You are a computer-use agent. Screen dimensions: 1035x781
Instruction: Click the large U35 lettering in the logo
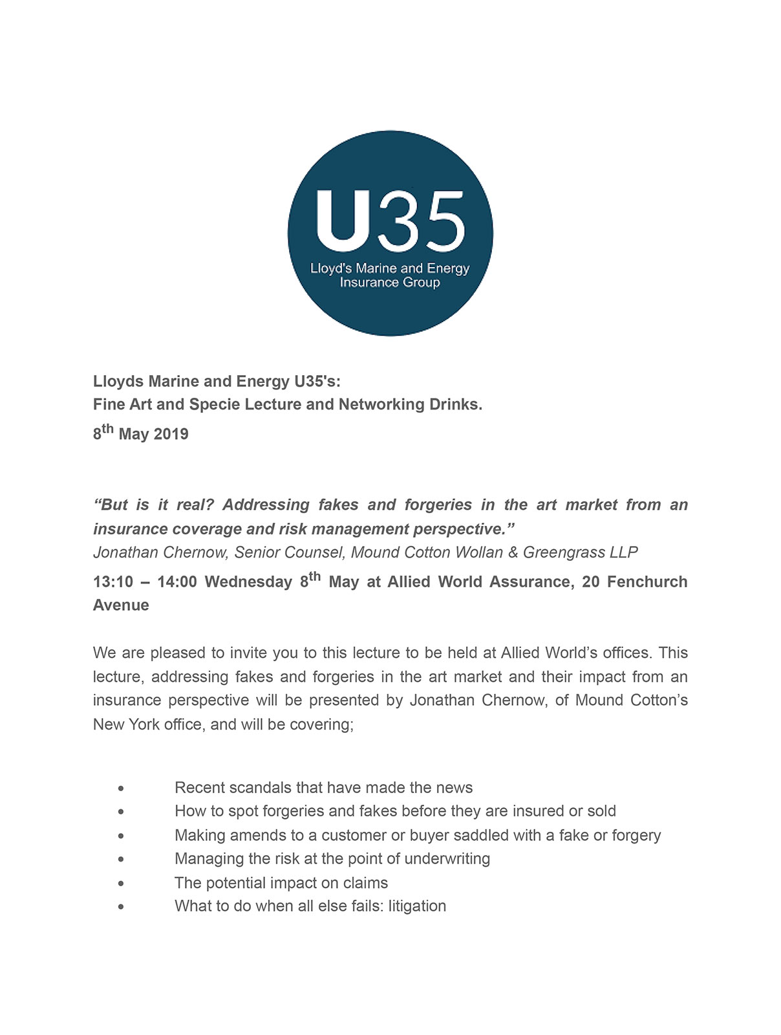point(390,222)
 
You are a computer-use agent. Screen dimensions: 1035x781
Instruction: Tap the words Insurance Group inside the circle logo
point(390,283)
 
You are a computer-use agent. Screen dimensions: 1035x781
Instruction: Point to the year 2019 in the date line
point(171,434)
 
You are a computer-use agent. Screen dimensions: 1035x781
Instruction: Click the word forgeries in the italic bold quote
point(436,505)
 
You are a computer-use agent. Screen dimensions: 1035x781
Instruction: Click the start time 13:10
point(113,582)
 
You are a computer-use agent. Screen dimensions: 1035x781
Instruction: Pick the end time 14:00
point(177,582)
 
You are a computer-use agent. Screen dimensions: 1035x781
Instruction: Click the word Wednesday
point(248,582)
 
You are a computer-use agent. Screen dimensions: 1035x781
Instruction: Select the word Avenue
point(121,605)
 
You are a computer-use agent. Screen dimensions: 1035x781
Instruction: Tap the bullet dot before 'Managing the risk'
point(121,860)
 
